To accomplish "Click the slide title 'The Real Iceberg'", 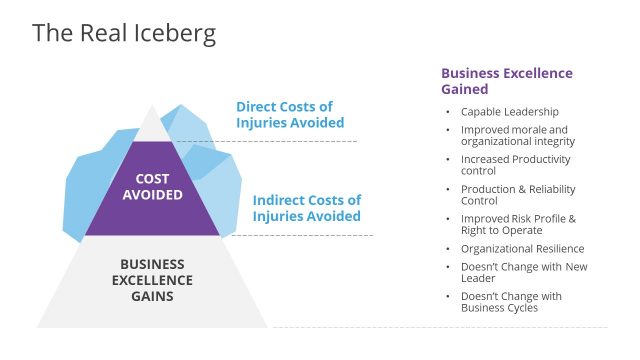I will [x=124, y=33].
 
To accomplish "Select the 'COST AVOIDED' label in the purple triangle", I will [x=152, y=187].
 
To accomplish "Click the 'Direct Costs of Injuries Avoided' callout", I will [x=290, y=115].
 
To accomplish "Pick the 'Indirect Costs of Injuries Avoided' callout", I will [x=307, y=207].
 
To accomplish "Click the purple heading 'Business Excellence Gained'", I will [x=507, y=81].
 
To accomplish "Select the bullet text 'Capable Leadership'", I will [x=509, y=111].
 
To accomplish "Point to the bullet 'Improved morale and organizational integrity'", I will [x=517, y=135].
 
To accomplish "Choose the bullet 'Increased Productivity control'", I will [x=515, y=164].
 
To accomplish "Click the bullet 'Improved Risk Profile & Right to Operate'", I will [x=518, y=224].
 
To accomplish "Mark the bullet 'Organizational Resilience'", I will [x=522, y=248].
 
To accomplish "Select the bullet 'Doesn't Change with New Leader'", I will [x=523, y=272].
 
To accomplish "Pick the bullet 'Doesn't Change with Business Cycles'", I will [x=511, y=302].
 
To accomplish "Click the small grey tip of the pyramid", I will [x=152, y=125].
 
